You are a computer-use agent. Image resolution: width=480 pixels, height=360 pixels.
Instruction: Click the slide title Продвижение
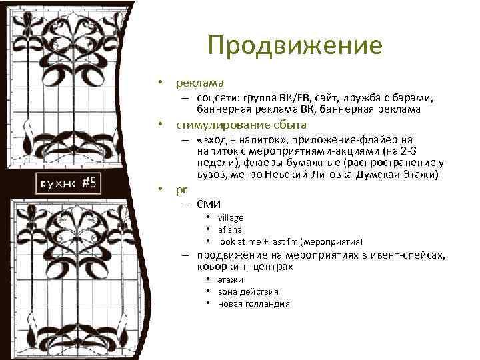click(295, 46)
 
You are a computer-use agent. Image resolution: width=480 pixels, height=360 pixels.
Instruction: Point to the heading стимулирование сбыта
click(241, 125)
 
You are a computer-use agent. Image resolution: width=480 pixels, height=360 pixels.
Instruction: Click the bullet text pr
click(181, 189)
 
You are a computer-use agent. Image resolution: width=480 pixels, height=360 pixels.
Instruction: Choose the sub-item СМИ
click(209, 204)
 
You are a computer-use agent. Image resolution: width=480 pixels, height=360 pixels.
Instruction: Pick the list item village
click(231, 217)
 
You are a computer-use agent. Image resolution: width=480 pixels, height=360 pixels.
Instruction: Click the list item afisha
click(230, 229)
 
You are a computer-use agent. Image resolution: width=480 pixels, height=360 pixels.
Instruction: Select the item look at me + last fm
click(263, 241)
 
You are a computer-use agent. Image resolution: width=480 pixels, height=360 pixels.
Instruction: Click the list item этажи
click(230, 280)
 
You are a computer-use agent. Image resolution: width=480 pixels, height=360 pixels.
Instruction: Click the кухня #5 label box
click(68, 184)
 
